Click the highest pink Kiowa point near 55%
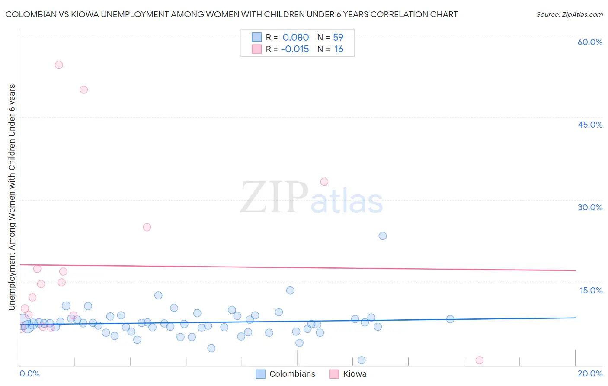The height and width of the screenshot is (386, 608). (59, 65)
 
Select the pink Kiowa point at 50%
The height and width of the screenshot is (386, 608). (84, 90)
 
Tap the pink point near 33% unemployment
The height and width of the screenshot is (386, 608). (324, 182)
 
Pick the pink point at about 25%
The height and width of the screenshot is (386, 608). (147, 227)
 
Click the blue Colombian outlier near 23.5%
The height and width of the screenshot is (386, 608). (383, 236)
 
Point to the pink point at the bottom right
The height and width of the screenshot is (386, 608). (479, 360)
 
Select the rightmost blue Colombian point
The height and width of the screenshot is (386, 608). (450, 319)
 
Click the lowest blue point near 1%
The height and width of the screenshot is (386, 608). (362, 360)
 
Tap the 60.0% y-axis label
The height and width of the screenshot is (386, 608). (590, 42)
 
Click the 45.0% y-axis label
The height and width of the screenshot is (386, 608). (590, 125)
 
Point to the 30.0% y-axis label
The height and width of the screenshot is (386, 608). (590, 207)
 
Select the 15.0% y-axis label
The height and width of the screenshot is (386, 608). (591, 290)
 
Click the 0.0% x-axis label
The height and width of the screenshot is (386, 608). (29, 373)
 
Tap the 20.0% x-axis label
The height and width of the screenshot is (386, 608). (590, 373)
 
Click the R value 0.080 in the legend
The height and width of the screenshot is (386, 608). (295, 38)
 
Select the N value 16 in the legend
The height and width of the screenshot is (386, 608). (339, 49)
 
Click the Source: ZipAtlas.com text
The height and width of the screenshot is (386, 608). (569, 15)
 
